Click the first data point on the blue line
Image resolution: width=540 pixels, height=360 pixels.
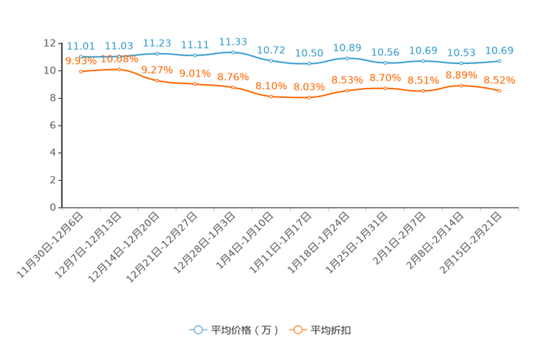pos(81,56)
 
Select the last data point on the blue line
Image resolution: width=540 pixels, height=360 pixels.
pos(500,61)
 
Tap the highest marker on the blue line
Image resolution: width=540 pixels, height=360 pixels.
pos(233,52)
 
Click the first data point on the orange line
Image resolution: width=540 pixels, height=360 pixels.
pos(81,71)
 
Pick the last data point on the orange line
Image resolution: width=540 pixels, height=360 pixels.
pos(500,91)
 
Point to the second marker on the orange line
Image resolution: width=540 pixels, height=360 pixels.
pos(119,70)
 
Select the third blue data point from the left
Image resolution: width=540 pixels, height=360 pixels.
pos(157,54)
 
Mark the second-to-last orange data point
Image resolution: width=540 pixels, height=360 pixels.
pos(462,85)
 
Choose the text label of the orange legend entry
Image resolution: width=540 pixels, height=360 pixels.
pos(332,330)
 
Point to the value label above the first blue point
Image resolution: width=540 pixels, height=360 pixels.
pos(81,46)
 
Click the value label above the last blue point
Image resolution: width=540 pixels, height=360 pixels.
pos(499,50)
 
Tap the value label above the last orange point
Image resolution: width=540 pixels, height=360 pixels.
pos(499,79)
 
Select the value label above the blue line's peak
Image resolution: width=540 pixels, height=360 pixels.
pos(233,41)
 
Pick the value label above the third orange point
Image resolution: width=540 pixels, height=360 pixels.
pos(157,69)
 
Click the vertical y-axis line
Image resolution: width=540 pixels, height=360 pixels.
pos(61,123)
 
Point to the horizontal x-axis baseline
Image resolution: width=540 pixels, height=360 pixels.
pos(290,208)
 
